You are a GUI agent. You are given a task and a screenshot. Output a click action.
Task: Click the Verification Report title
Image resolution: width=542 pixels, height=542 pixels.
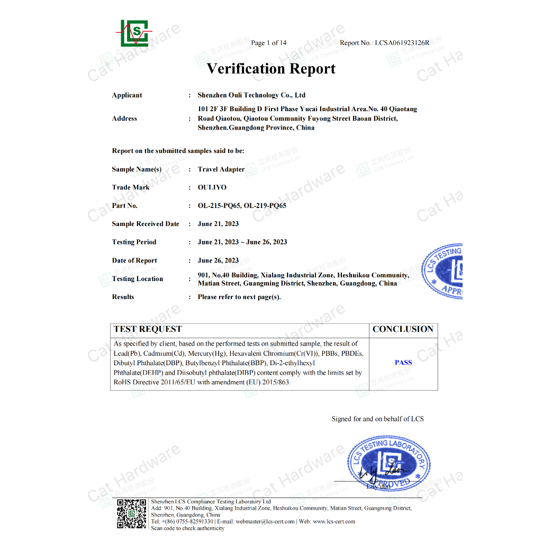tap(271, 69)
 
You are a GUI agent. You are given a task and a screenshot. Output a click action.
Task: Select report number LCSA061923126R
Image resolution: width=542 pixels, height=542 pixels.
tap(402, 43)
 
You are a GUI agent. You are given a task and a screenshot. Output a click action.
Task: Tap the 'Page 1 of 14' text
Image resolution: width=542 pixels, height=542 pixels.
tap(269, 43)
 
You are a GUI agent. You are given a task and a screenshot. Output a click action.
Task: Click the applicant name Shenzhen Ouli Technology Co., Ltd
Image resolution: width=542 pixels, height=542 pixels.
tap(251, 95)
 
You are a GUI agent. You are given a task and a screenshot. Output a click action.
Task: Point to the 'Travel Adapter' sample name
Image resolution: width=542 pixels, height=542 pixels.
tap(221, 169)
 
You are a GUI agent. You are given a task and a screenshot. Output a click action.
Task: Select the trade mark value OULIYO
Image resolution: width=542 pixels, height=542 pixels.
tap(212, 187)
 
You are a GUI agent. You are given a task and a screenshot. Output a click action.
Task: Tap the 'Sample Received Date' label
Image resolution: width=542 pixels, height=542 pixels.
tap(146, 224)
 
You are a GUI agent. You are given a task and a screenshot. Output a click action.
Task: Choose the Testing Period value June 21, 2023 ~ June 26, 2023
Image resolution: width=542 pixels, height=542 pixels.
tap(242, 242)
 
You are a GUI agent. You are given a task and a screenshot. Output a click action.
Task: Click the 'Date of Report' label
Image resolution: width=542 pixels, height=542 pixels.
tap(134, 260)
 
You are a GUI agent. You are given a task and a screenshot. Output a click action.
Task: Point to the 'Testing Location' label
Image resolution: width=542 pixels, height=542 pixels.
tap(138, 279)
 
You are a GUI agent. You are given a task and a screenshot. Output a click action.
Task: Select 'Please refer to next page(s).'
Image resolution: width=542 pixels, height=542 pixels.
tap(239, 297)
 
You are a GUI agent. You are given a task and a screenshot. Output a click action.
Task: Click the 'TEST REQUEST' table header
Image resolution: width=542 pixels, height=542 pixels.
tap(148, 329)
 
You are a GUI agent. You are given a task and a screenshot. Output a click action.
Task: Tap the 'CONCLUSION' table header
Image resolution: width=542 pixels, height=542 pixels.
tap(403, 329)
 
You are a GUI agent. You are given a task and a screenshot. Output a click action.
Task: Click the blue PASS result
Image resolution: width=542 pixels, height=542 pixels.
tap(403, 363)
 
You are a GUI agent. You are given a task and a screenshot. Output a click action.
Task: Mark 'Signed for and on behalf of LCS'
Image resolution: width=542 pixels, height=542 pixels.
tap(377, 419)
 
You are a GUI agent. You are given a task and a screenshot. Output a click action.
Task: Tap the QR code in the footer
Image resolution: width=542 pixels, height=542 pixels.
tap(131, 513)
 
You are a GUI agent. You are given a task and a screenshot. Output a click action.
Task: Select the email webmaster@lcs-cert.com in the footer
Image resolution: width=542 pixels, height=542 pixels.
tap(265, 521)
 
